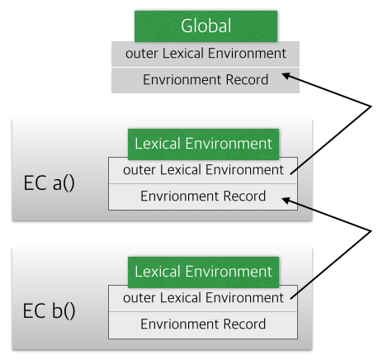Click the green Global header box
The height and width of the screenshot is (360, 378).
tap(206, 26)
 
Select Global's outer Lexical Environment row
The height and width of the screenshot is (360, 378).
tap(206, 54)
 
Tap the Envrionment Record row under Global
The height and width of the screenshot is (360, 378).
tap(206, 80)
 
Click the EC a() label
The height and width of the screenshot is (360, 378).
tap(49, 183)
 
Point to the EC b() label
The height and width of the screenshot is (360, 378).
tap(49, 310)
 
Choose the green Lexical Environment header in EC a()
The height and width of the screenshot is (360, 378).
tap(203, 144)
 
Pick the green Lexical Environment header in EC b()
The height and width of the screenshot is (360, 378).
tap(203, 272)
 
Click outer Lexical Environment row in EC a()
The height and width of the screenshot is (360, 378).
tap(203, 171)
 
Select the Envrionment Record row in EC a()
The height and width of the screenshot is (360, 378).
tap(203, 197)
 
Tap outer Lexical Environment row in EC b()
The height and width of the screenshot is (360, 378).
tap(203, 299)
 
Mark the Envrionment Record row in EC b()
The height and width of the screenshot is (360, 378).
tap(203, 325)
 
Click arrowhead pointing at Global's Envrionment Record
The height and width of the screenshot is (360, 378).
tap(286, 75)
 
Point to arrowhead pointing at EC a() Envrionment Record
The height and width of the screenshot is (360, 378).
tap(286, 201)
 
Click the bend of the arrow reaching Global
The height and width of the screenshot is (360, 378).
tap(371, 107)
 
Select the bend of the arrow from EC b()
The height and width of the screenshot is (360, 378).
tap(371, 230)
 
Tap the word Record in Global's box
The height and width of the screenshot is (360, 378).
tap(247, 80)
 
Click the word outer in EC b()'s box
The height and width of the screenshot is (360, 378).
tap(139, 298)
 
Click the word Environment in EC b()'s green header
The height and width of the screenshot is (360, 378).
tap(229, 272)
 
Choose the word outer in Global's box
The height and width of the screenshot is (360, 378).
tap(141, 54)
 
